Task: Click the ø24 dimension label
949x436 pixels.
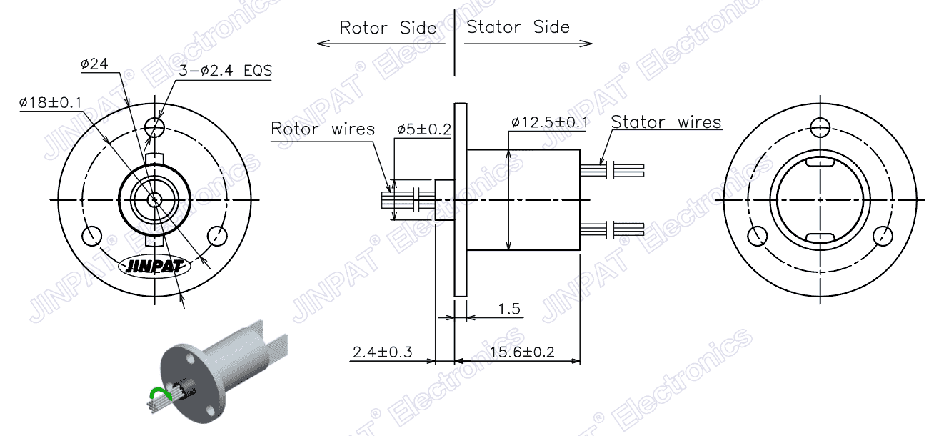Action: tap(94, 65)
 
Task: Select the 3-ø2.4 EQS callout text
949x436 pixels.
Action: tap(225, 71)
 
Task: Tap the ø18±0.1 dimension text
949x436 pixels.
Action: tap(50, 103)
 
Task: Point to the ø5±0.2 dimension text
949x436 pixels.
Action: tap(424, 129)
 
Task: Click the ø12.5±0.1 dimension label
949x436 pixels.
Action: tap(550, 122)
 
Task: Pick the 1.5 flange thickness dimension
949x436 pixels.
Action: tap(508, 309)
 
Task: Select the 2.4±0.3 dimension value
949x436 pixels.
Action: tap(383, 352)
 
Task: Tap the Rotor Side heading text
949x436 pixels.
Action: tap(387, 29)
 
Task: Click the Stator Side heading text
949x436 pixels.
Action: tap(518, 28)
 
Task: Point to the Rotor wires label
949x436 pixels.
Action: tap(323, 129)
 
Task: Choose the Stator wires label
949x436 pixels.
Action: tap(666, 122)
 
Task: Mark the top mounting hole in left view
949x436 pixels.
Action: tap(154, 128)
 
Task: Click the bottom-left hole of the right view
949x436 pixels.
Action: tap(758, 235)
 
